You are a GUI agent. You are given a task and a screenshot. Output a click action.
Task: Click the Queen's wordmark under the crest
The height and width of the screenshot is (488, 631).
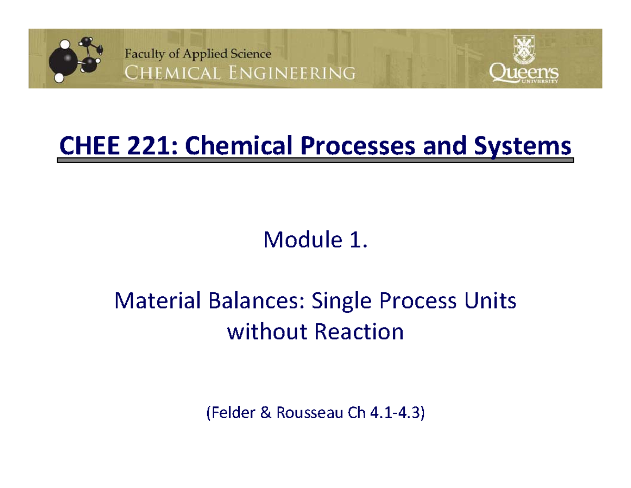click(x=524, y=73)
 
